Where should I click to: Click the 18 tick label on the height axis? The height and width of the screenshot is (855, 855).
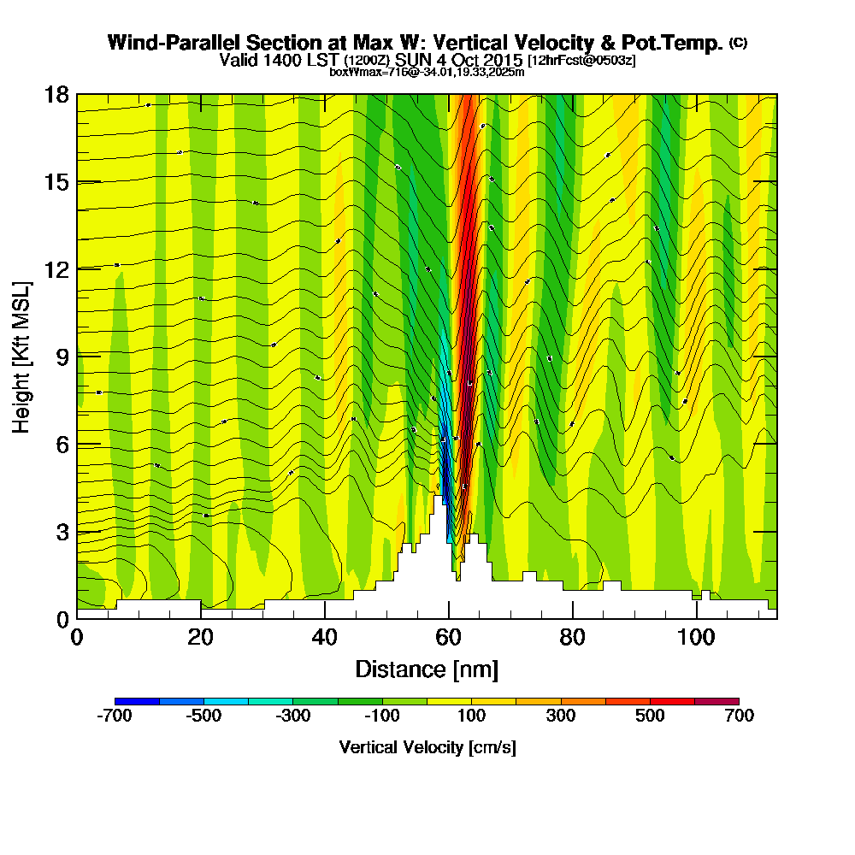(x=56, y=94)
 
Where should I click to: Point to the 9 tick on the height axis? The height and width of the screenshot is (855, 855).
(x=77, y=356)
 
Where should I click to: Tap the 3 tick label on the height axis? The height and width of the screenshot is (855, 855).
(x=62, y=531)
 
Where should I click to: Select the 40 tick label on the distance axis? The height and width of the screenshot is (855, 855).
(x=324, y=638)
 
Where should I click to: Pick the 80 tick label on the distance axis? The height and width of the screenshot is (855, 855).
(x=572, y=638)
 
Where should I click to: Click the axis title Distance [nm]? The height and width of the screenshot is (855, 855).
(x=427, y=669)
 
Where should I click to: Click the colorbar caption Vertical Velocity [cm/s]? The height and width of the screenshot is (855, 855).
(x=427, y=747)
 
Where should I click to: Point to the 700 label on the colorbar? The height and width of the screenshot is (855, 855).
(x=739, y=716)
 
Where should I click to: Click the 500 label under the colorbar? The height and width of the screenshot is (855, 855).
(x=650, y=716)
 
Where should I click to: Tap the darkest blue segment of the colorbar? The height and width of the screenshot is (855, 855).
(x=137, y=701)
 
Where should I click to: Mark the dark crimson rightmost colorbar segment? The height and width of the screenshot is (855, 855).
(x=716, y=701)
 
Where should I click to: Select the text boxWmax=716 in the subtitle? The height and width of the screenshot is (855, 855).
(x=366, y=72)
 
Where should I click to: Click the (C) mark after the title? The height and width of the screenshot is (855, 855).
(x=738, y=42)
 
